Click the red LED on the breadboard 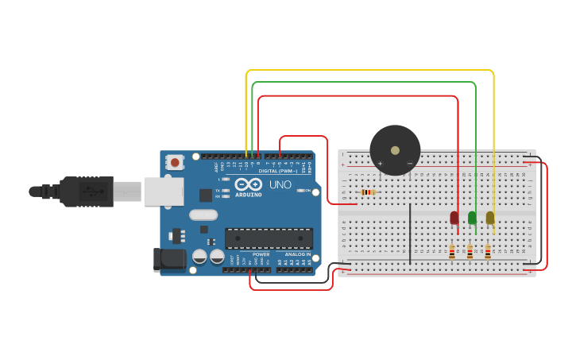pyautogui.click(x=454, y=217)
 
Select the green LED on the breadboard pyautogui.click(x=472, y=217)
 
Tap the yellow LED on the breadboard pyautogui.click(x=490, y=217)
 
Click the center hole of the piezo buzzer pyautogui.click(x=395, y=150)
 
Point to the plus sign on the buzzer pyautogui.click(x=380, y=164)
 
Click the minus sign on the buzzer pyautogui.click(x=410, y=164)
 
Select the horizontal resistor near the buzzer pyautogui.click(x=368, y=192)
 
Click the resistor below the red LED pyautogui.click(x=452, y=252)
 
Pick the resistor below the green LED pyautogui.click(x=470, y=252)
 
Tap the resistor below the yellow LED pyautogui.click(x=487, y=252)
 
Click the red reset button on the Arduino pyautogui.click(x=174, y=162)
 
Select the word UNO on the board pyautogui.click(x=280, y=184)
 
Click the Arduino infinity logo pyautogui.click(x=248, y=184)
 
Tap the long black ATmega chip pyautogui.click(x=269, y=238)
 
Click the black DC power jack pyautogui.click(x=169, y=259)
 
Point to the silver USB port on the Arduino pyautogui.click(x=164, y=192)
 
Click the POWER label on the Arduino pyautogui.click(x=261, y=254)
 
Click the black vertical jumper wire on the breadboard pyautogui.click(x=410, y=233)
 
